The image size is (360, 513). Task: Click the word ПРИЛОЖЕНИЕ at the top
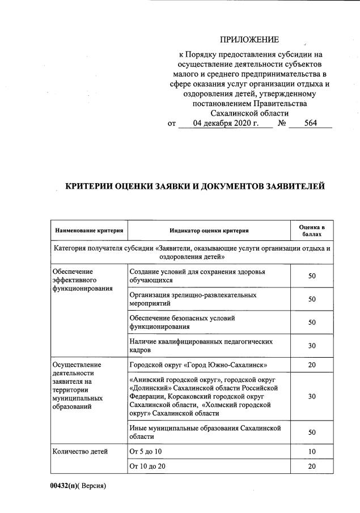[x=250, y=40]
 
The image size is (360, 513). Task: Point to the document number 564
[x=310, y=123]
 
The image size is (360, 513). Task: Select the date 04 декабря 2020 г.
[x=226, y=123]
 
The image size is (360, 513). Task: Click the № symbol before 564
[x=282, y=123]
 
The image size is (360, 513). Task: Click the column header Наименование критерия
[x=89, y=230]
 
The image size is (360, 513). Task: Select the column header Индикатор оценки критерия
[x=209, y=230]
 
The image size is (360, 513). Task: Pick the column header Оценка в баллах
[x=312, y=230]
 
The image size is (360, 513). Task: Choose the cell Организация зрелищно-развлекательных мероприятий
[x=192, y=299]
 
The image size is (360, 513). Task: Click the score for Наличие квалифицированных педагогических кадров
[x=312, y=346]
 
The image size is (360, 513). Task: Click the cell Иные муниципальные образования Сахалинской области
[x=205, y=433]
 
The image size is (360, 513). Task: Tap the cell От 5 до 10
[x=146, y=451]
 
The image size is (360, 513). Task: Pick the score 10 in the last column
[x=312, y=451]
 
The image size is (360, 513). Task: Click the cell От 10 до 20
[x=148, y=466]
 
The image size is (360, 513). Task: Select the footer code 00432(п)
[x=61, y=486]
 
